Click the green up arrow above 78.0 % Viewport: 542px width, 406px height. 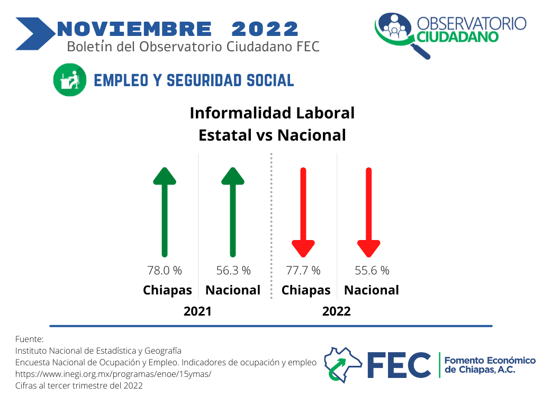tap(165, 213)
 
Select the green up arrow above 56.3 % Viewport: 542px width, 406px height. tap(233, 213)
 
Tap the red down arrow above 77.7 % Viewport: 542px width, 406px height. tap(303, 213)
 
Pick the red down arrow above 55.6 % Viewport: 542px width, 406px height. tap(369, 213)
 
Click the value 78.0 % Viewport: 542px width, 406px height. tap(165, 270)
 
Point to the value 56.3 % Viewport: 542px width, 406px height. tap(233, 270)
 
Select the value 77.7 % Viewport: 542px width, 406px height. tap(303, 270)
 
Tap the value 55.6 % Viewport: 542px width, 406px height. tap(372, 270)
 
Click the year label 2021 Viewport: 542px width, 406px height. tap(197, 311)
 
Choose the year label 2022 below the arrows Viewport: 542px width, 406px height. tap(336, 311)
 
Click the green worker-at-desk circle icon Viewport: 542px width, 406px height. tap(70, 80)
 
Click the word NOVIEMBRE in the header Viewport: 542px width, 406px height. tap(134, 29)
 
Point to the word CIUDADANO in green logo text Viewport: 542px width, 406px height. tap(457, 37)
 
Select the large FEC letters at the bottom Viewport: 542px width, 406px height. tap(399, 365)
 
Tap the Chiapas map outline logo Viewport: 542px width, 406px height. tap(342, 365)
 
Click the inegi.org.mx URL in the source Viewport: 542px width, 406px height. tap(113, 374)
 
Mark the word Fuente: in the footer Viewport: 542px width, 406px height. tap(30, 339)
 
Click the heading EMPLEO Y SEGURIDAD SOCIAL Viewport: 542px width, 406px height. tap(194, 80)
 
